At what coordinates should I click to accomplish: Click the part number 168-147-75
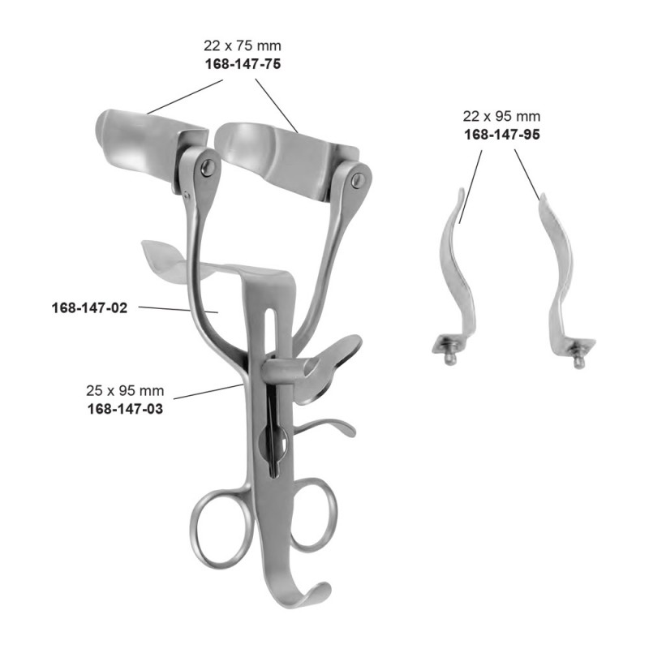(x=243, y=64)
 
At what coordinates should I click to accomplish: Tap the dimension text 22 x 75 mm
(x=242, y=45)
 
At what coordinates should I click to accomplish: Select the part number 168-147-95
(x=501, y=135)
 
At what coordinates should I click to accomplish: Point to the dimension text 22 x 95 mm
(x=501, y=116)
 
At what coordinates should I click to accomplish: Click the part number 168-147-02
(x=89, y=308)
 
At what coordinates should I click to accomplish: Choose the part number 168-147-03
(x=125, y=410)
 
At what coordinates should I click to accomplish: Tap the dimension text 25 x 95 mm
(x=125, y=390)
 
